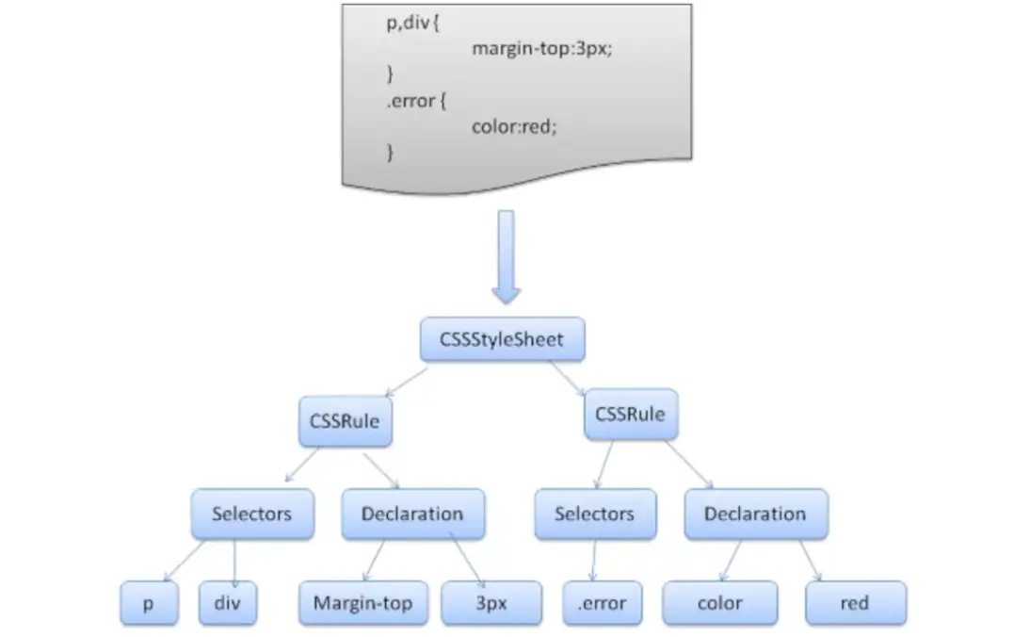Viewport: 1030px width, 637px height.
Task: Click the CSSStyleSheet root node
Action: click(x=502, y=340)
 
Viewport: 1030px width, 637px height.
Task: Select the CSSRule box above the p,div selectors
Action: click(x=345, y=421)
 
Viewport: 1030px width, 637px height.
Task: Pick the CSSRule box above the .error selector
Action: click(x=630, y=415)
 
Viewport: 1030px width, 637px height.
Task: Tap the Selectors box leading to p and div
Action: click(x=251, y=514)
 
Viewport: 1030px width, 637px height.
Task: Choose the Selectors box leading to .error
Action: click(x=594, y=514)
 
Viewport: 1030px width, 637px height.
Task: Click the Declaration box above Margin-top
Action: click(x=412, y=514)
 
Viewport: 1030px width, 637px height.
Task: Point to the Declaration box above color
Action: click(x=755, y=514)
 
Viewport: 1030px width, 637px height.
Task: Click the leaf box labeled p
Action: click(x=148, y=604)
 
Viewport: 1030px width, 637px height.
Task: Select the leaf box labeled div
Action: click(x=228, y=604)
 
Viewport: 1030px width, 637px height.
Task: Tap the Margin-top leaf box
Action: click(x=363, y=604)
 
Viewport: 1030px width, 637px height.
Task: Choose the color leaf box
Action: click(x=719, y=604)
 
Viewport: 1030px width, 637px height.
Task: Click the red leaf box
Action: click(x=855, y=604)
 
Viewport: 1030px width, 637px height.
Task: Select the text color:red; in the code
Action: click(x=514, y=125)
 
